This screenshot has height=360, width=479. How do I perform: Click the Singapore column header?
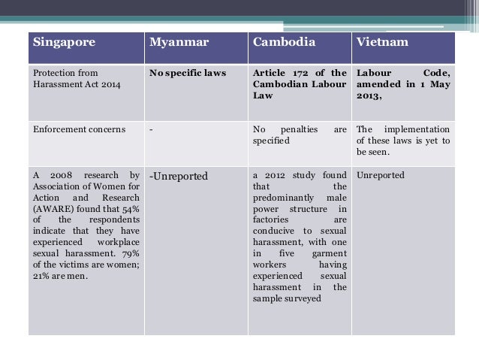[x=64, y=42]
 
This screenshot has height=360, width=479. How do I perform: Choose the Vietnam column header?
[x=383, y=42]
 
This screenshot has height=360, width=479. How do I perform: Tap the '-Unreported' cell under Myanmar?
[x=179, y=176]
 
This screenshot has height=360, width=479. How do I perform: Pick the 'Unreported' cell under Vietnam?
[x=381, y=175]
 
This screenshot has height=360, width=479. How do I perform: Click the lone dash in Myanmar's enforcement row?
[x=151, y=129]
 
